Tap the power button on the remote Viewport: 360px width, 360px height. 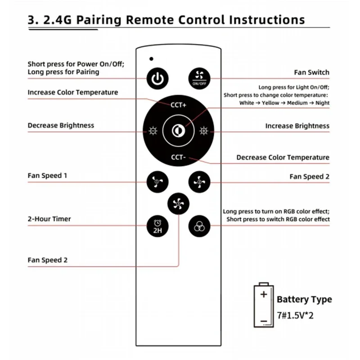(x=157, y=78)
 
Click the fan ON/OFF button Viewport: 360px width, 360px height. (x=199, y=78)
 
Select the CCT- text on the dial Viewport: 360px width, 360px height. (x=178, y=157)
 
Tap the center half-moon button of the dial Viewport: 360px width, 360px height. (x=178, y=130)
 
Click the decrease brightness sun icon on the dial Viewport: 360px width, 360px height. (x=153, y=130)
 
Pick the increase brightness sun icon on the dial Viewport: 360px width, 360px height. (x=204, y=130)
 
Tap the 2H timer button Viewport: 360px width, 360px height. (x=157, y=226)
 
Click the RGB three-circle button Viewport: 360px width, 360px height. (x=199, y=226)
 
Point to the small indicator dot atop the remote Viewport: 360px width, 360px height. (x=151, y=59)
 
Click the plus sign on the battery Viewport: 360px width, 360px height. (x=264, y=294)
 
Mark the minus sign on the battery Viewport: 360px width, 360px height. (x=264, y=321)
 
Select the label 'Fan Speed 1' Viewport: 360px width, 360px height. (x=47, y=175)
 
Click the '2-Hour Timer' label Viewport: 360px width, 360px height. (x=49, y=219)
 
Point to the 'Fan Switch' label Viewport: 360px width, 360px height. (x=312, y=72)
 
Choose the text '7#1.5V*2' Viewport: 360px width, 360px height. (x=295, y=315)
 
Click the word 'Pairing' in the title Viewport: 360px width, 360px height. (x=99, y=20)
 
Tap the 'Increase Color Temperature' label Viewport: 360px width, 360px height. (x=73, y=92)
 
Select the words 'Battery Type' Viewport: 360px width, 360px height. (x=304, y=299)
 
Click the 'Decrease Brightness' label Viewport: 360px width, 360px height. (x=61, y=126)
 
